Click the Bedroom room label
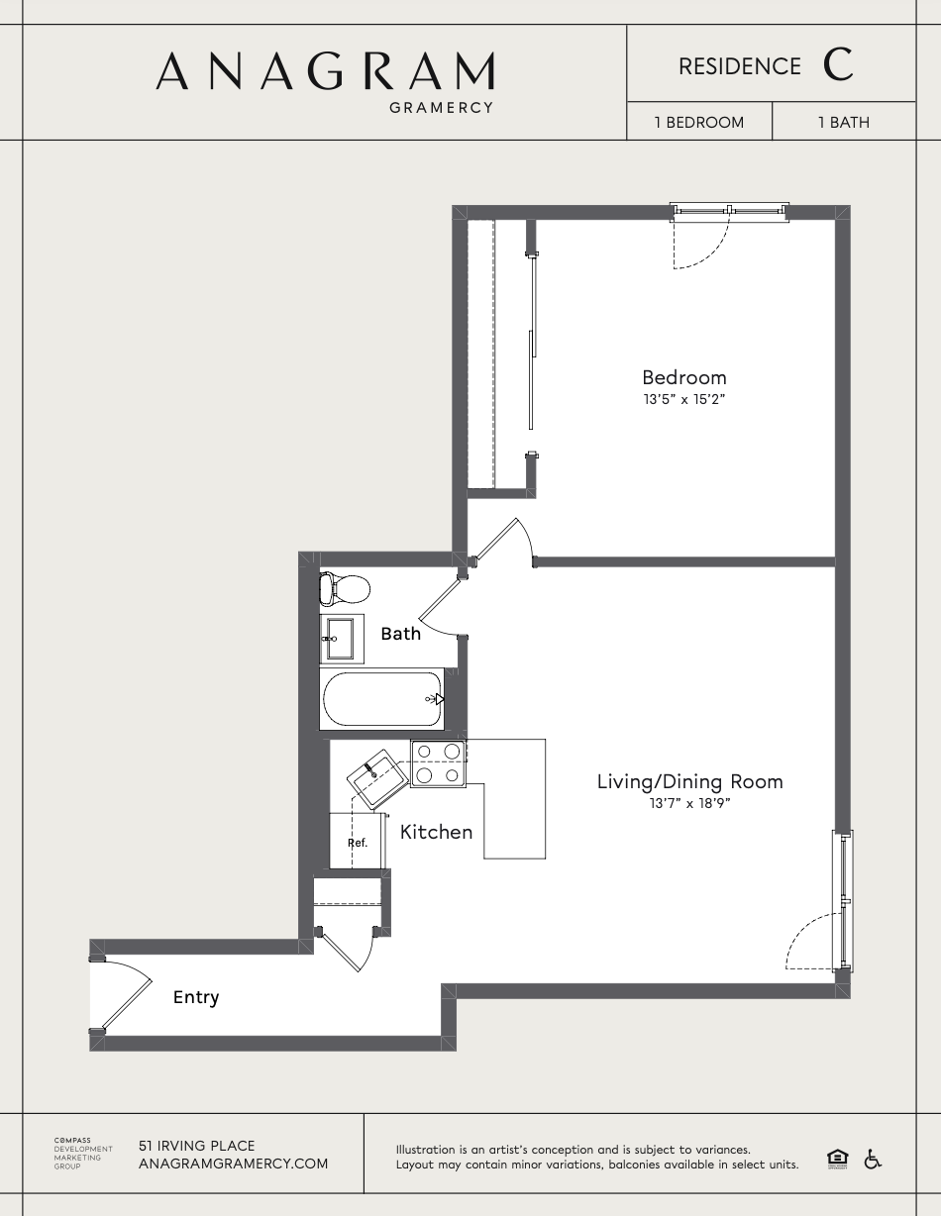coord(683,377)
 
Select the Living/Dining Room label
coord(689,781)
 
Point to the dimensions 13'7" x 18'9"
coord(689,804)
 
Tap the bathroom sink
coord(341,638)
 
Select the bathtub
coord(381,699)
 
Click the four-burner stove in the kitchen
coord(438,763)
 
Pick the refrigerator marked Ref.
coord(357,842)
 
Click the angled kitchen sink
coord(376,778)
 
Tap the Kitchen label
coord(436,832)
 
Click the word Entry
coord(196,997)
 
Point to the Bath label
coord(400,634)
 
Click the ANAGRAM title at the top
coord(325,71)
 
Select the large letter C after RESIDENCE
coord(837,65)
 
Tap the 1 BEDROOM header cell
coord(698,123)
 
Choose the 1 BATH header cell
coord(843,123)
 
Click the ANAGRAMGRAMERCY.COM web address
coord(233,1164)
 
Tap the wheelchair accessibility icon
coord(873,1159)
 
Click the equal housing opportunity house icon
coord(837,1159)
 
